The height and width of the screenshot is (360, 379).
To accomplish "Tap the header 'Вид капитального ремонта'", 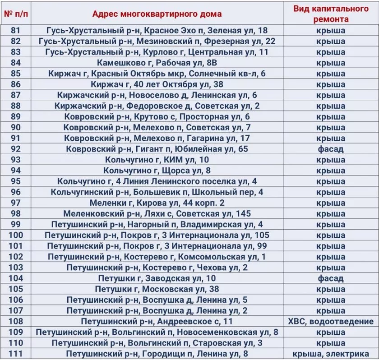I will tap(330, 14).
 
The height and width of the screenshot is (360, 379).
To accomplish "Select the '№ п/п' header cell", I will tap(16, 14).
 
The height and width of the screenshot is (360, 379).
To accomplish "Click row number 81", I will tap(16, 31).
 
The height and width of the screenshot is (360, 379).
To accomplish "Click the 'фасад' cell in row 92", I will tap(330, 149).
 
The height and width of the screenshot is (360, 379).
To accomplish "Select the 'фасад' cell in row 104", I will tap(330, 278).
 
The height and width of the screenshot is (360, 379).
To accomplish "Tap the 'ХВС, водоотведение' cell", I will tap(330, 321).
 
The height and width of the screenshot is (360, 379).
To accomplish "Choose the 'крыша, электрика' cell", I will tap(330, 354).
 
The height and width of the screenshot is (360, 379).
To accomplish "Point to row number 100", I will tap(16, 235).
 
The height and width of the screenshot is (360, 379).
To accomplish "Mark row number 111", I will tap(16, 354).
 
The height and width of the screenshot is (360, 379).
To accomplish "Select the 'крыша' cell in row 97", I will tap(330, 203).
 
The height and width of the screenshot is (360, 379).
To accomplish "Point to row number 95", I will tap(16, 181).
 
